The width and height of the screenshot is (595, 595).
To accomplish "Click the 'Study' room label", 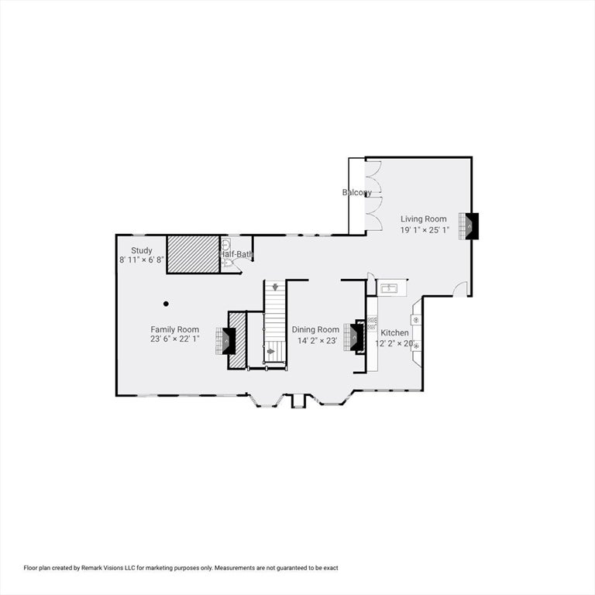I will pos(141,250).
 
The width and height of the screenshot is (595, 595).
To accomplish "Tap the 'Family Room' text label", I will pos(174,329).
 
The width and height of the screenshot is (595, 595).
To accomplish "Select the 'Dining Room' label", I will pos(315,329).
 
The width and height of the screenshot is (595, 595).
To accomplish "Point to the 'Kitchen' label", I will pos(394,333).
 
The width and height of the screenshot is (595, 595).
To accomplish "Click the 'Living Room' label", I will pos(423,219).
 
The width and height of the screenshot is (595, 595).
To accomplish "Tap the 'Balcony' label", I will pos(357,192).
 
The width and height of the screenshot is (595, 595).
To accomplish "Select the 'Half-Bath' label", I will pos(236,254).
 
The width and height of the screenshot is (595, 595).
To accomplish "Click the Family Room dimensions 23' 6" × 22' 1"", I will pos(174,339).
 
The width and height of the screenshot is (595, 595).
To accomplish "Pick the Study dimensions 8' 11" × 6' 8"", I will pos(141,260).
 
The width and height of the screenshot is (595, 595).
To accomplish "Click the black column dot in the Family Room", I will pos(166,303).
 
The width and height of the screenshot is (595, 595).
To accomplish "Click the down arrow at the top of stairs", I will pos(274,287).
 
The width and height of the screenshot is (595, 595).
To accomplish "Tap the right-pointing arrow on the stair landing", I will pos(270,351).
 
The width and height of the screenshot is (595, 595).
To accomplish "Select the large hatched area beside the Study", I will pos(193,253).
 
